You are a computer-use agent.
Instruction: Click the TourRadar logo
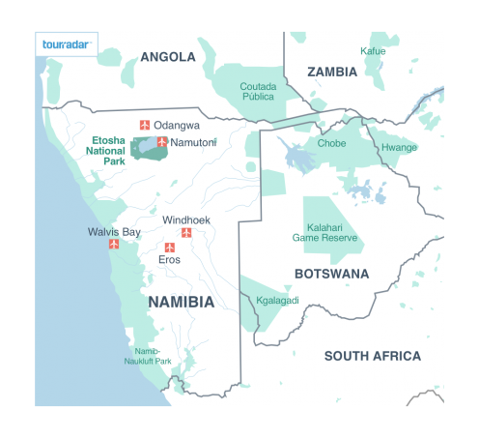tap(66, 45)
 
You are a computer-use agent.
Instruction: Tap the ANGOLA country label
tap(167, 57)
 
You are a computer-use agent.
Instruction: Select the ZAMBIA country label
tap(332, 72)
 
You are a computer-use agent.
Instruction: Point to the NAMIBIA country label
tap(181, 302)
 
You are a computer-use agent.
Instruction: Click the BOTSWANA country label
tap(331, 274)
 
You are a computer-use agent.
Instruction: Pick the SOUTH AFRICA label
tap(372, 356)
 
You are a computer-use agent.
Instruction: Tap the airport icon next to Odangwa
tap(145, 125)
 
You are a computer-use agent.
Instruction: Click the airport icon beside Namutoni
tap(161, 142)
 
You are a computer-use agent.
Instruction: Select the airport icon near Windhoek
tap(186, 233)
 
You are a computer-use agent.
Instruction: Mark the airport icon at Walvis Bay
tap(114, 245)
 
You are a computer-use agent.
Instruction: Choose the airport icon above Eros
tap(168, 248)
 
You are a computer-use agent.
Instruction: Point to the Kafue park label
tap(372, 51)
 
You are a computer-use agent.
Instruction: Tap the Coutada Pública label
tap(258, 92)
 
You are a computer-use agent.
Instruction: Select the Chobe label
tap(331, 143)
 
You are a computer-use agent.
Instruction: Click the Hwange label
tap(399, 148)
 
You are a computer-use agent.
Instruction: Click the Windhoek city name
tap(185, 219)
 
